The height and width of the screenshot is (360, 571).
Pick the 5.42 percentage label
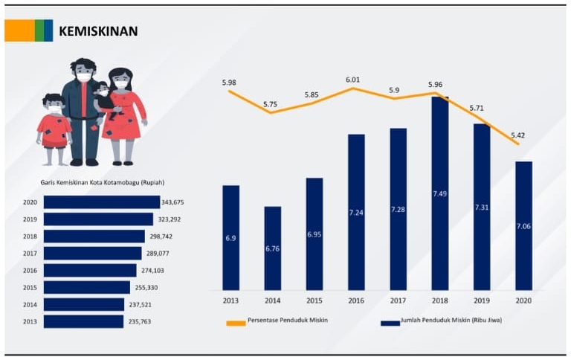pyautogui.click(x=518, y=135)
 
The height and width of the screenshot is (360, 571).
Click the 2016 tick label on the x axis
pyautogui.click(x=356, y=300)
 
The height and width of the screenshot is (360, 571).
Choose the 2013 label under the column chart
pyautogui.click(x=230, y=300)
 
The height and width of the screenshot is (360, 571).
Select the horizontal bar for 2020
pyautogui.click(x=102, y=202)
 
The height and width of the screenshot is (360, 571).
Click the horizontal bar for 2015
pyautogui.click(x=87, y=287)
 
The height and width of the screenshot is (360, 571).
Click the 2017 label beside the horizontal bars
pyautogui.click(x=30, y=254)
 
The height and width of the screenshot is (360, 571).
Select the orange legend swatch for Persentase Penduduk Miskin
pyautogui.click(x=236, y=323)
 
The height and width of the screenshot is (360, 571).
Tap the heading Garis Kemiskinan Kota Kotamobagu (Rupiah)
pyautogui.click(x=102, y=182)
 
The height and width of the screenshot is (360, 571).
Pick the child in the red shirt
pyautogui.click(x=54, y=126)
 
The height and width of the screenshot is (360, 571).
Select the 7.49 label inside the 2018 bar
pyautogui.click(x=439, y=194)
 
